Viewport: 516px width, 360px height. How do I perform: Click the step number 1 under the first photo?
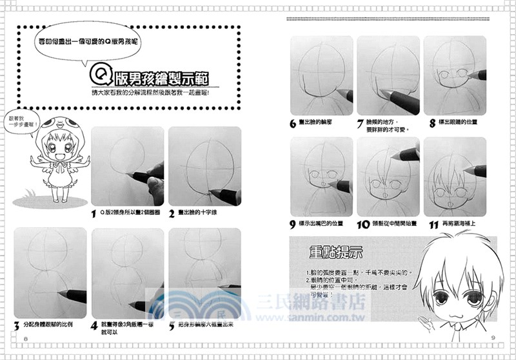(x=94, y=213)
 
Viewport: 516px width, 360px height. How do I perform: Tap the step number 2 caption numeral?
(x=172, y=213)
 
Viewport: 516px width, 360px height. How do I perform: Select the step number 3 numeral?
(x=17, y=324)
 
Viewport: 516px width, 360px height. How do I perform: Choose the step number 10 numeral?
(x=362, y=225)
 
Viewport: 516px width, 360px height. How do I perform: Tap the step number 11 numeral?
(x=433, y=225)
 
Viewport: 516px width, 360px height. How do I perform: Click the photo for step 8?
(x=454, y=75)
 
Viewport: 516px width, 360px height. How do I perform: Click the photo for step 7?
(x=387, y=75)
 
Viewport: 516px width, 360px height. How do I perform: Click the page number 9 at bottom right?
(x=491, y=338)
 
